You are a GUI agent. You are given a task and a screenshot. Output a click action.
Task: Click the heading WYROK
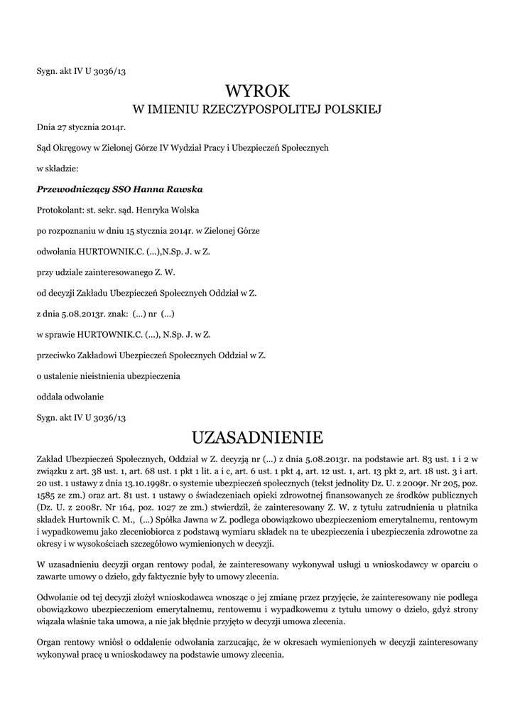click(x=257, y=90)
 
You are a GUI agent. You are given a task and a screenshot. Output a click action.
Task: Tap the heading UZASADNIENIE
click(x=257, y=435)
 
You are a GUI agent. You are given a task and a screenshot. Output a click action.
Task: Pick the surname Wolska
click(x=184, y=210)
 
